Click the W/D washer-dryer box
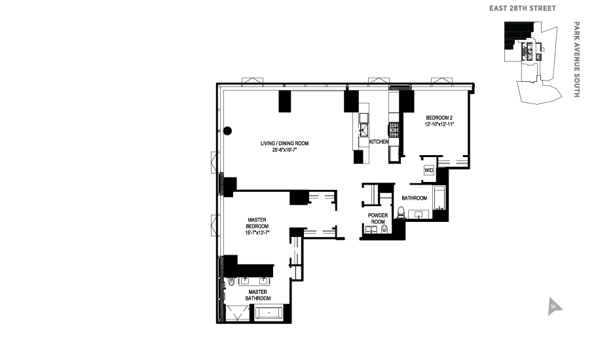(429, 171)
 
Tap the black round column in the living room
(228, 130)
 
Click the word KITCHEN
(379, 142)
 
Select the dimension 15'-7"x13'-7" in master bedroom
(257, 232)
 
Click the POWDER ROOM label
(378, 219)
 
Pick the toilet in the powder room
(384, 229)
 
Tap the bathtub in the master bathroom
(268, 313)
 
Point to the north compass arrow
(555, 306)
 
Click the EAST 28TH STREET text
(523, 9)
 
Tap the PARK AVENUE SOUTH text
(577, 60)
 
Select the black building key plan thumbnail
(532, 63)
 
